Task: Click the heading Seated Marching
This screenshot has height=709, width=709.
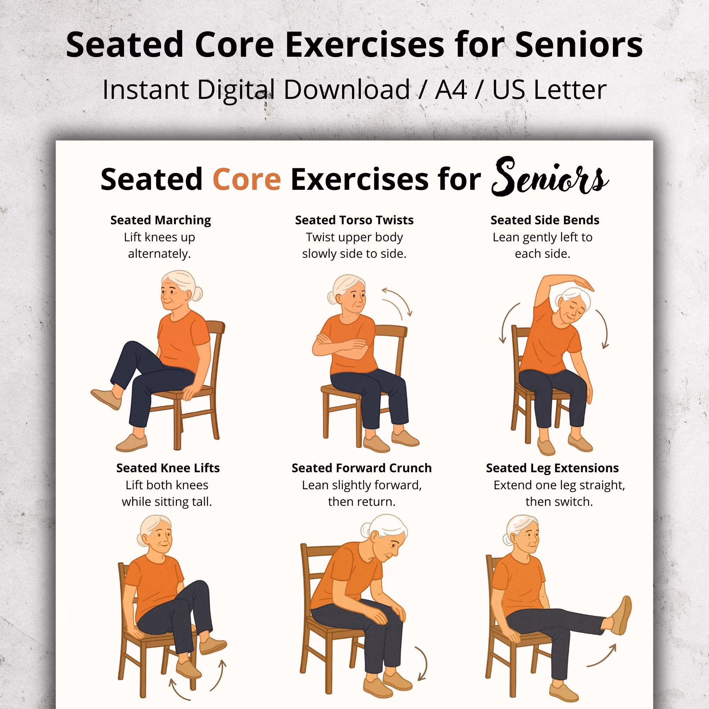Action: pyautogui.click(x=161, y=220)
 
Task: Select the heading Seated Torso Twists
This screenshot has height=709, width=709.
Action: pyautogui.click(x=354, y=220)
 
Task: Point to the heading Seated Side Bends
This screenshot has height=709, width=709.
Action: pyautogui.click(x=545, y=220)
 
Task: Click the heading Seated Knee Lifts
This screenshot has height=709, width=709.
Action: pyautogui.click(x=168, y=468)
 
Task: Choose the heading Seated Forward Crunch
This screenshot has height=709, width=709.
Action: pyautogui.click(x=362, y=468)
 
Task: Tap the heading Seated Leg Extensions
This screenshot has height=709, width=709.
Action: pyautogui.click(x=552, y=468)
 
